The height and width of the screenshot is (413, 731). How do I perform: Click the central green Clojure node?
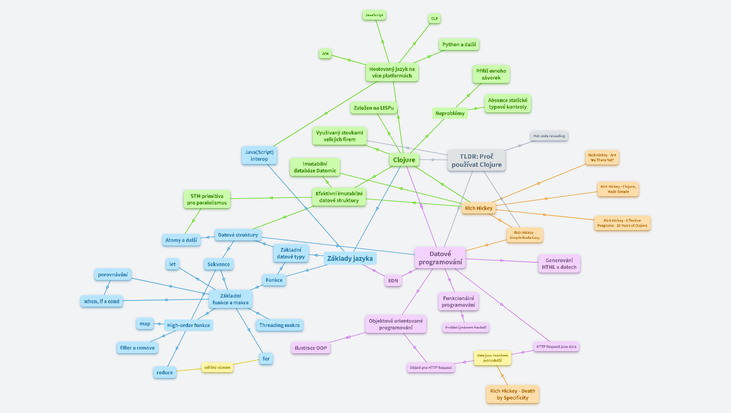click(404, 160)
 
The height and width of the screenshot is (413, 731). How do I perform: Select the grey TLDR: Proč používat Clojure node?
click(476, 160)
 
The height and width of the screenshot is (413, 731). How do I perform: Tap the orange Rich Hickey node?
click(478, 208)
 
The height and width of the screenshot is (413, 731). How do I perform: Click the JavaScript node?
click(374, 15)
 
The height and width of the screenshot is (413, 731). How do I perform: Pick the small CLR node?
click(434, 18)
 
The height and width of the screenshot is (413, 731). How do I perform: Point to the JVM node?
click(325, 54)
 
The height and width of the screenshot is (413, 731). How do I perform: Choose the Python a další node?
click(460, 44)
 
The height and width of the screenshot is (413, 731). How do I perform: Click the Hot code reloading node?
click(549, 136)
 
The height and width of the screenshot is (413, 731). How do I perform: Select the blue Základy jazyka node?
click(350, 258)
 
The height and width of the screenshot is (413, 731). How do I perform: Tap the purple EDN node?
click(393, 280)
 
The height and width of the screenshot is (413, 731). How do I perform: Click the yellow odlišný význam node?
click(217, 367)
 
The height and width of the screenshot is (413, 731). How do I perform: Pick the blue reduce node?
click(164, 372)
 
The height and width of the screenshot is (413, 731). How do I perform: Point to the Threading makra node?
click(279, 325)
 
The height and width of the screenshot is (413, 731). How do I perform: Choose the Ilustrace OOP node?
click(311, 348)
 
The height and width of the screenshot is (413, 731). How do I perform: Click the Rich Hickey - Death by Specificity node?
click(513, 394)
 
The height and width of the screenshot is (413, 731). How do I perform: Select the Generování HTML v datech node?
click(559, 264)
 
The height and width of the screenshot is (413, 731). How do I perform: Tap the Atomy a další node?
click(181, 240)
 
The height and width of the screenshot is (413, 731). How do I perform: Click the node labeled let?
click(173, 264)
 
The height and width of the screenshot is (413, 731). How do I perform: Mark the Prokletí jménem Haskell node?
click(466, 327)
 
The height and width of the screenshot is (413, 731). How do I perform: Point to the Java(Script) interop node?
click(259, 155)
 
